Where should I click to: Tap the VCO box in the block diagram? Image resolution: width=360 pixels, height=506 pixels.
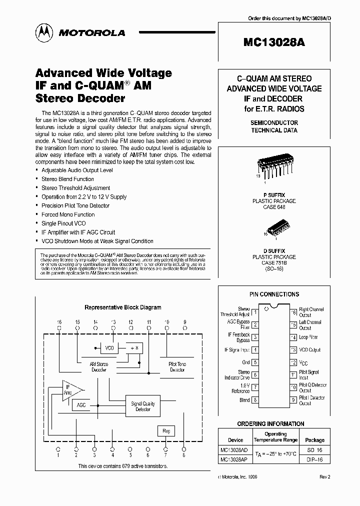(109, 347)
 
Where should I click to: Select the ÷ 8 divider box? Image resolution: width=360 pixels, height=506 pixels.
(133, 347)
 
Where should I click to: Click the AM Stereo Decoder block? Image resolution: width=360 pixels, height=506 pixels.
(99, 367)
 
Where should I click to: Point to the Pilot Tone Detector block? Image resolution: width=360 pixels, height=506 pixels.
(177, 366)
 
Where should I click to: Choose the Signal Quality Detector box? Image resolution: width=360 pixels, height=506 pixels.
(143, 406)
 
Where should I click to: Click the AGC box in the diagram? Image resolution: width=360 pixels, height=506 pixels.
(81, 405)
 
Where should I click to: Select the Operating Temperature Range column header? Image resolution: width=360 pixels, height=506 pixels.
(275, 437)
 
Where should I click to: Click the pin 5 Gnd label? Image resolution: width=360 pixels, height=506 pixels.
(245, 362)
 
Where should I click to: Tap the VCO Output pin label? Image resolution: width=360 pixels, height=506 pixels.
(309, 350)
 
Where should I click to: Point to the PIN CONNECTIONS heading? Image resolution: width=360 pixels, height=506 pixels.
(274, 294)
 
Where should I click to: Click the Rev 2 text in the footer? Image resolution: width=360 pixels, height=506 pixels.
(325, 477)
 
